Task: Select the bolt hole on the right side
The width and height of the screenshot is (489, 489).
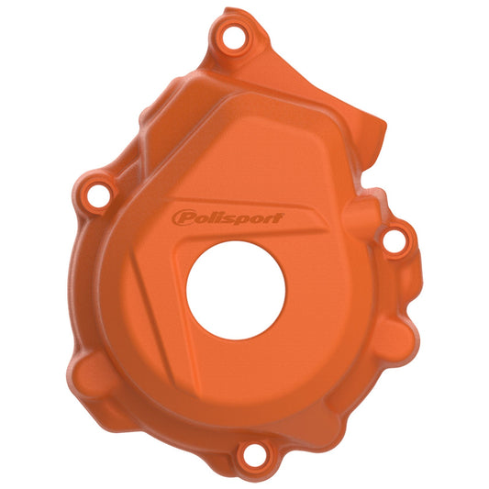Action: pyautogui.click(x=393, y=240)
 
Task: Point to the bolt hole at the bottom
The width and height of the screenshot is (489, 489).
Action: pyautogui.click(x=247, y=455)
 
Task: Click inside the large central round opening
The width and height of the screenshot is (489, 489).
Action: pyautogui.click(x=237, y=300)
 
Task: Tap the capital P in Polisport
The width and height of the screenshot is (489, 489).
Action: pyautogui.click(x=183, y=218)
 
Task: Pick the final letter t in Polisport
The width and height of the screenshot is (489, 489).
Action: pyautogui.click(x=276, y=217)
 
